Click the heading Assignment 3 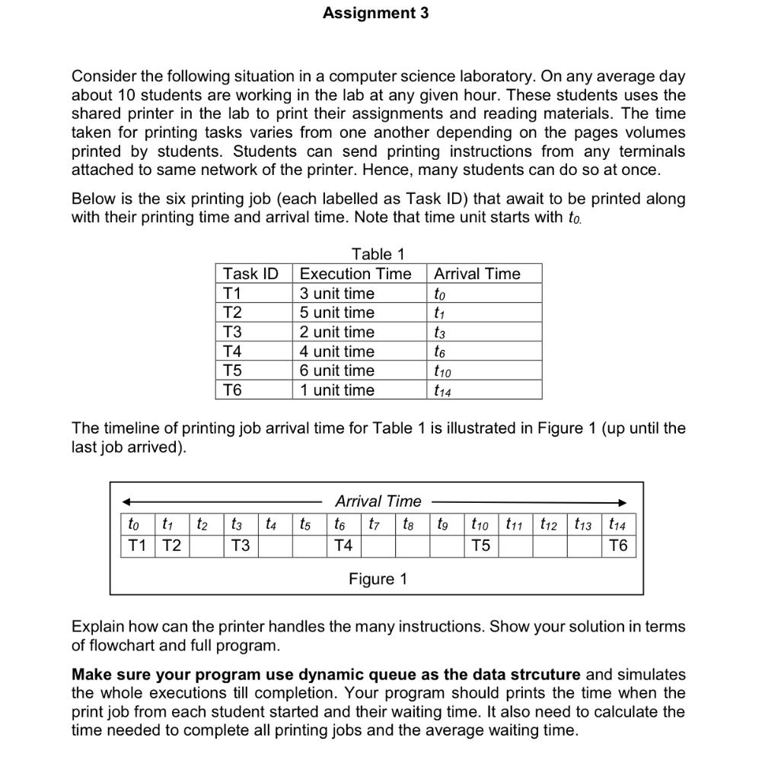(375, 13)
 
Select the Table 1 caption (378, 254)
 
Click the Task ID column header (250, 274)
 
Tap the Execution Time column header (355, 274)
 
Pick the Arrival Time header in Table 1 (477, 274)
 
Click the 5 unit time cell (337, 313)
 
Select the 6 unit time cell (337, 370)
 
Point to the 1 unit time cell (337, 390)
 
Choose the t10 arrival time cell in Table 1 (442, 371)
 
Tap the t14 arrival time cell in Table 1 (442, 391)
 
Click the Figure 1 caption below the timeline (378, 579)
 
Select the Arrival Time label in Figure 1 (378, 501)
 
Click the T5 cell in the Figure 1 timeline (480, 545)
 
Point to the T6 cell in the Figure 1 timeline (619, 545)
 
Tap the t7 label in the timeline (375, 524)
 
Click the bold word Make (91, 675)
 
